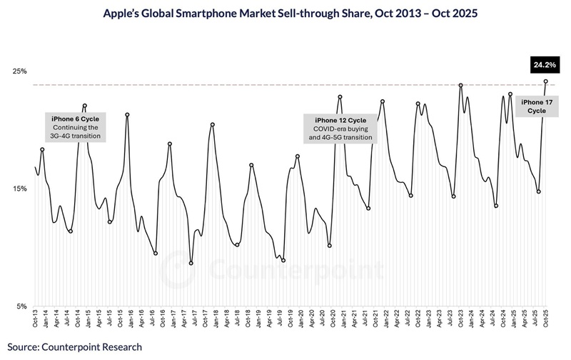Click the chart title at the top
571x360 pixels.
pos(285,14)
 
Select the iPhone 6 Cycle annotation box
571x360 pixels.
pos(75,126)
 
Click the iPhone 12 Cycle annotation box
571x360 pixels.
pos(340,129)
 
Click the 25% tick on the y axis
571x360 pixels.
pos(19,71)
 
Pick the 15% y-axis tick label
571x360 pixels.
pos(19,189)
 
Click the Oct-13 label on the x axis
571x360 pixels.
pos(36,319)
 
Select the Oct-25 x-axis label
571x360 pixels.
pos(546,319)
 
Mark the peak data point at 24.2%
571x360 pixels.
pos(546,81)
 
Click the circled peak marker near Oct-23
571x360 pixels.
pos(461,85)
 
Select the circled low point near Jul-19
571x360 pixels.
pos(283,261)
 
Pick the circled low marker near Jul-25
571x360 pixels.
pos(539,191)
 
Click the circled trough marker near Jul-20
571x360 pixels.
pos(330,246)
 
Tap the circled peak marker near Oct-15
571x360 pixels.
pos(127,115)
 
